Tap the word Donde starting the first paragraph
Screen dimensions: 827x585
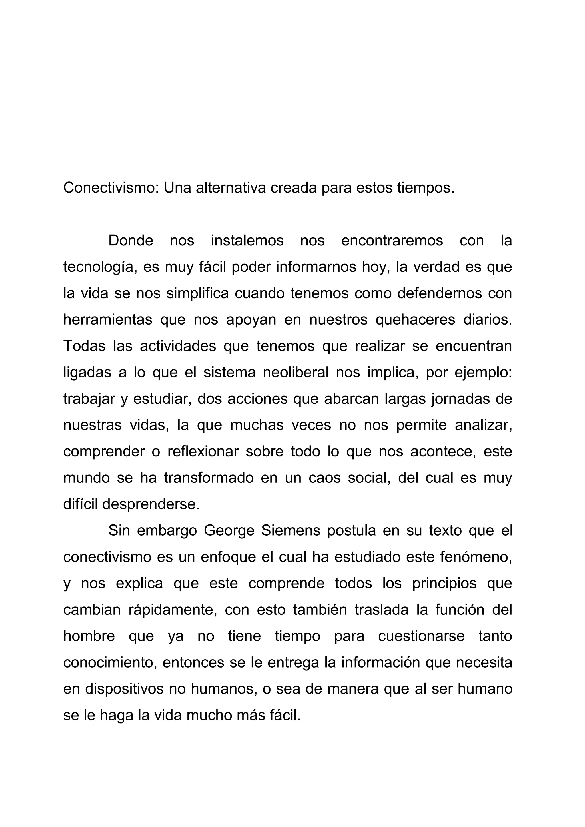click(131, 241)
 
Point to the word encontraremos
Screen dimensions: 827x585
click(392, 241)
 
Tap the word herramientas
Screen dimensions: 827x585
click(108, 320)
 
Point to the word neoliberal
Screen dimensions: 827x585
click(296, 373)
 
